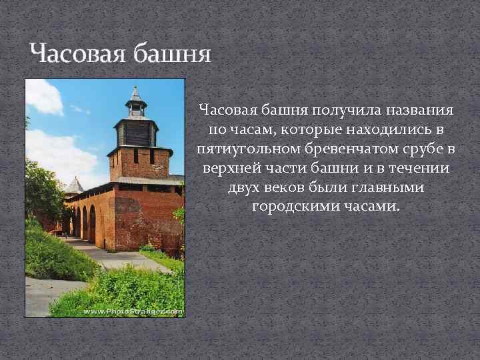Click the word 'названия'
point(417,109)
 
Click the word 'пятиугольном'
point(250,148)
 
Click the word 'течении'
point(419,167)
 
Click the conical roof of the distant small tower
point(75,185)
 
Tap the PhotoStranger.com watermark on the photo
point(133,311)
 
